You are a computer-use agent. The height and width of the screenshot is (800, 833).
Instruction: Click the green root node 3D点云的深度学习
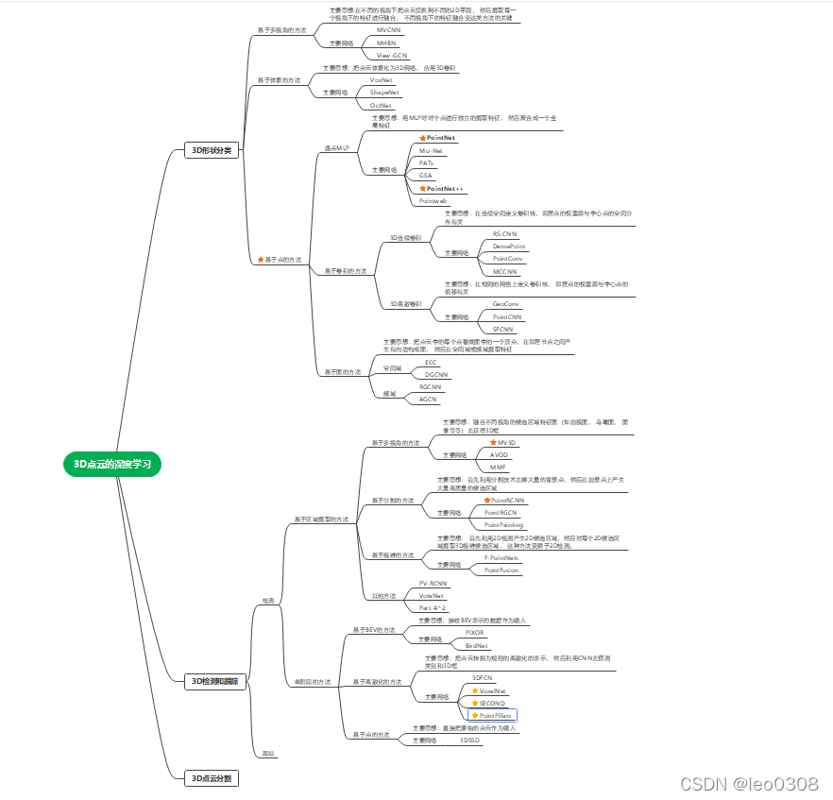click(112, 464)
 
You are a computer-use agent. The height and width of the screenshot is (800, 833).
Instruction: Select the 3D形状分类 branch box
click(211, 150)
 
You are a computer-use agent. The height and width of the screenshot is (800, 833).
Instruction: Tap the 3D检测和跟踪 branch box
click(215, 681)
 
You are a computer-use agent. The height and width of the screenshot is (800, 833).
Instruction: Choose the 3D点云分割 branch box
click(211, 778)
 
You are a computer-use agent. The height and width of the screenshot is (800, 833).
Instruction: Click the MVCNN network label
click(388, 30)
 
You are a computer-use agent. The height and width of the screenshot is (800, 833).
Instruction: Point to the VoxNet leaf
click(382, 80)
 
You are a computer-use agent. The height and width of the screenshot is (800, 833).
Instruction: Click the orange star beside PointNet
click(422, 138)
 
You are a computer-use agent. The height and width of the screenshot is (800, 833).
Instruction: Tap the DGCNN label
click(436, 374)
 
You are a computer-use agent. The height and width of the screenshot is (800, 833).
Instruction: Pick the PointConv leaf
click(507, 258)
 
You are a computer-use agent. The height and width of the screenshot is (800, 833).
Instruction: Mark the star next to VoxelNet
click(475, 691)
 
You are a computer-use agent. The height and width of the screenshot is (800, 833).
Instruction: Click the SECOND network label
click(492, 703)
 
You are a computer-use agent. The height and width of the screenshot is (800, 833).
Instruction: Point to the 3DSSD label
click(469, 740)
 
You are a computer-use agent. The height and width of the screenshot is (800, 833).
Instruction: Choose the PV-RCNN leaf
click(433, 584)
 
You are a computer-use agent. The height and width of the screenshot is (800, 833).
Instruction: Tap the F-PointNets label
click(501, 558)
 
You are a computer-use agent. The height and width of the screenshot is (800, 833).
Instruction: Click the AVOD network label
click(499, 454)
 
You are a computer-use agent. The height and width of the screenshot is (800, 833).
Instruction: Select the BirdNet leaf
click(477, 645)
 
